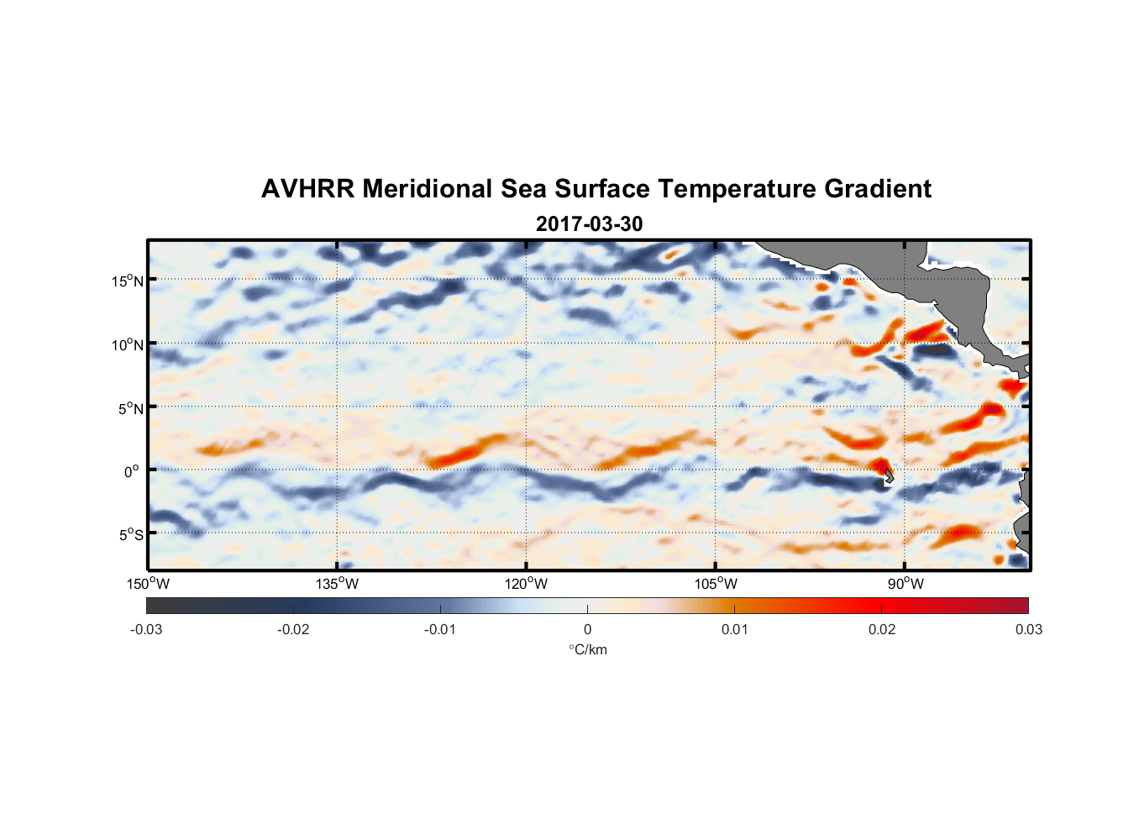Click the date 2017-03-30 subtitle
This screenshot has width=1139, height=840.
[589, 224]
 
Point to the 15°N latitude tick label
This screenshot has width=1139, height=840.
[128, 281]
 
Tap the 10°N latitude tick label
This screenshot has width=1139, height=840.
[128, 344]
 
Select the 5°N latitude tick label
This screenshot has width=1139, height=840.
[130, 408]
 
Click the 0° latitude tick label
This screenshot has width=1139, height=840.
[132, 471]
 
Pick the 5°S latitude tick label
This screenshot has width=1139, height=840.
[130, 534]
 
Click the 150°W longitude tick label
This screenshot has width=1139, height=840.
[148, 584]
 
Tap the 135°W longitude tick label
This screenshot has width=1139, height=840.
[337, 584]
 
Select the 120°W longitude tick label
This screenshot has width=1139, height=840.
[526, 584]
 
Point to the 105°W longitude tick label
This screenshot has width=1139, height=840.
[716, 584]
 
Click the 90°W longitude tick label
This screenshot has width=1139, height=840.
[905, 584]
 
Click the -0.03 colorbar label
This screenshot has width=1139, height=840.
[146, 629]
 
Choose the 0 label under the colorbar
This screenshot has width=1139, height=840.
[587, 629]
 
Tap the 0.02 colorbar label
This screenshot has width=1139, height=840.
[882, 629]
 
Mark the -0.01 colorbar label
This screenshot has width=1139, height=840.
[440, 629]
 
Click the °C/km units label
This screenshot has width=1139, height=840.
[588, 649]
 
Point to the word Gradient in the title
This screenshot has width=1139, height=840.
[878, 189]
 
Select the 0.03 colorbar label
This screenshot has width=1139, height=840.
[1028, 629]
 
